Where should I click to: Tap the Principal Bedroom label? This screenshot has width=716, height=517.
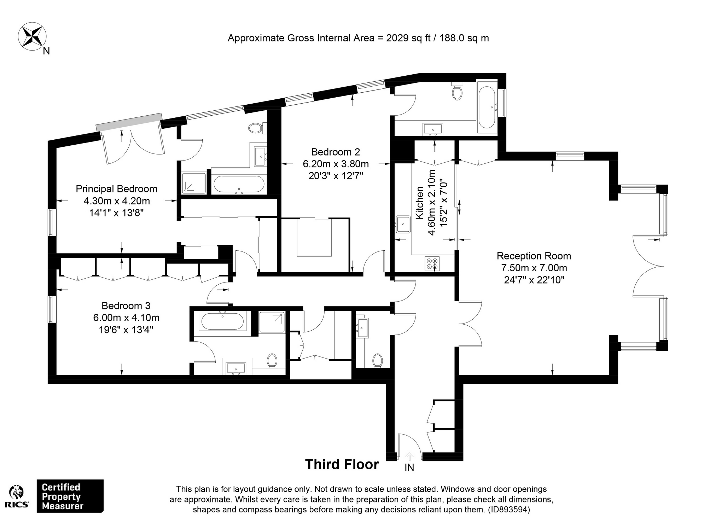pyautogui.click(x=116, y=189)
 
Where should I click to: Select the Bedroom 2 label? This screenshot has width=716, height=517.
pyautogui.click(x=336, y=152)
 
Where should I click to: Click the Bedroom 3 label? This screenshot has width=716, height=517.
pyautogui.click(x=126, y=306)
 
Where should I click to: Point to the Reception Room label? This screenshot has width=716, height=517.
pyautogui.click(x=534, y=256)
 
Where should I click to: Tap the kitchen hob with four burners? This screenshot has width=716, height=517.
pyautogui.click(x=432, y=263)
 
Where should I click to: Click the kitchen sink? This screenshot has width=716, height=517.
pyautogui.click(x=403, y=224)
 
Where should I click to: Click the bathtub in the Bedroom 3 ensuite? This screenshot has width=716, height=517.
pyautogui.click(x=222, y=321)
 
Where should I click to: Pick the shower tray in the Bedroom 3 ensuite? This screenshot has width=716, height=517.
pyautogui.click(x=272, y=322)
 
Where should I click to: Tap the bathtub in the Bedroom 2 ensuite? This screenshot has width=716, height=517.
pyautogui.click(x=486, y=107)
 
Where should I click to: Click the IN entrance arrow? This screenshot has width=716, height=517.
pyautogui.click(x=409, y=456)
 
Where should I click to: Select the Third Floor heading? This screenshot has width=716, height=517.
pyautogui.click(x=342, y=464)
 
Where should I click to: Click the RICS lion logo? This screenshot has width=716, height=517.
pyautogui.click(x=17, y=497)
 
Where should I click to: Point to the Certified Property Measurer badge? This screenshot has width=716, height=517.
pyautogui.click(x=70, y=496)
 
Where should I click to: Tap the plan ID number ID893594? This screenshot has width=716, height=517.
pyautogui.click(x=509, y=510)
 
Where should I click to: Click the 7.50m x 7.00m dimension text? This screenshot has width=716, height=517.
pyautogui.click(x=534, y=268)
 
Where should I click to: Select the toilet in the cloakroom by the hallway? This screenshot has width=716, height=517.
pyautogui.click(x=378, y=361)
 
